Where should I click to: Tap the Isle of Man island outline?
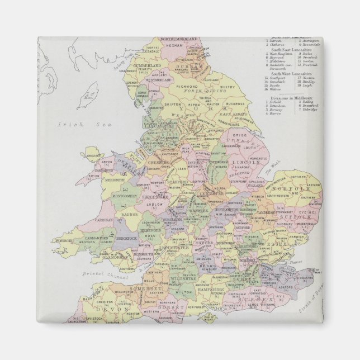coord(90,96)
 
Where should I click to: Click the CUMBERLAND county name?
coord(147,66)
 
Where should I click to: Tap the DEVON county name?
coord(106,308)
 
